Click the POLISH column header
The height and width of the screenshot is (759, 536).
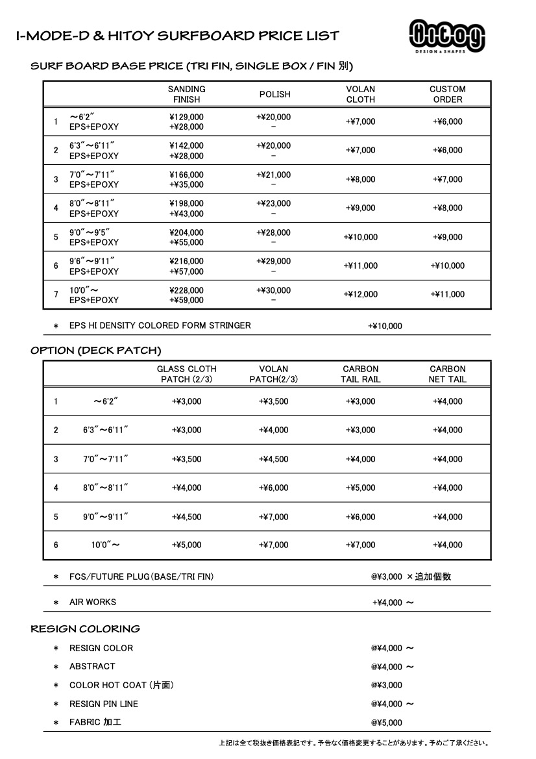[274, 94]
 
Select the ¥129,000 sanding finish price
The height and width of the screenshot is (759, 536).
[186, 117]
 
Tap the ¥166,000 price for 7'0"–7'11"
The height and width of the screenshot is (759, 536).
[186, 175]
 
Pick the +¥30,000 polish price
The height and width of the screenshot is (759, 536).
[273, 290]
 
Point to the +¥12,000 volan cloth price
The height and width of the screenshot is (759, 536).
[360, 294]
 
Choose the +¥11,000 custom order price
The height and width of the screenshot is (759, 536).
[447, 294]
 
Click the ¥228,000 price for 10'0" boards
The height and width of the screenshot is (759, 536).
[186, 290]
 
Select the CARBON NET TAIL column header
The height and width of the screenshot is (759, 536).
[447, 374]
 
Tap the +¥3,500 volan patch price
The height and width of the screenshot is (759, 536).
[273, 401]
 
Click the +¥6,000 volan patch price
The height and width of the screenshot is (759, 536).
[273, 488]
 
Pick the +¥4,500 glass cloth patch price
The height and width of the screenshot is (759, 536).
[186, 517]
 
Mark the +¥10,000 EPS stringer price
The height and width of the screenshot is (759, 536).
[385, 326]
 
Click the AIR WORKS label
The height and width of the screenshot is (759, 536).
[93, 602]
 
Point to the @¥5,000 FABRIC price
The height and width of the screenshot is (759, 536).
[387, 723]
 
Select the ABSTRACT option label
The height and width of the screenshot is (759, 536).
[92, 666]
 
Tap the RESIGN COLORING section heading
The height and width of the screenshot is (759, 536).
[85, 628]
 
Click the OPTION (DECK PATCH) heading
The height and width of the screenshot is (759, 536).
[95, 351]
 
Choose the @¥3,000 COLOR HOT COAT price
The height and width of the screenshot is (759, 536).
[387, 685]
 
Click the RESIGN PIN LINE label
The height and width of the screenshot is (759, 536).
[104, 704]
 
